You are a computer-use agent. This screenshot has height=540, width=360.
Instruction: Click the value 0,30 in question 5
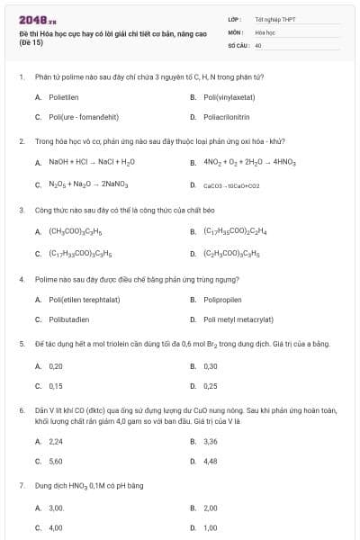click(211, 366)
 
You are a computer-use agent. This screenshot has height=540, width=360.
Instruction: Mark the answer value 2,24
click(56, 441)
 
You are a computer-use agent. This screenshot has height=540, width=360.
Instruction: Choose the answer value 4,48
click(211, 461)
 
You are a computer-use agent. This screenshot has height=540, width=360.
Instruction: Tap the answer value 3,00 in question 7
click(56, 508)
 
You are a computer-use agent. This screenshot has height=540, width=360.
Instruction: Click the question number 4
click(21, 279)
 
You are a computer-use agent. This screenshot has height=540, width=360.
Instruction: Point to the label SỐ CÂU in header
click(238, 43)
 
